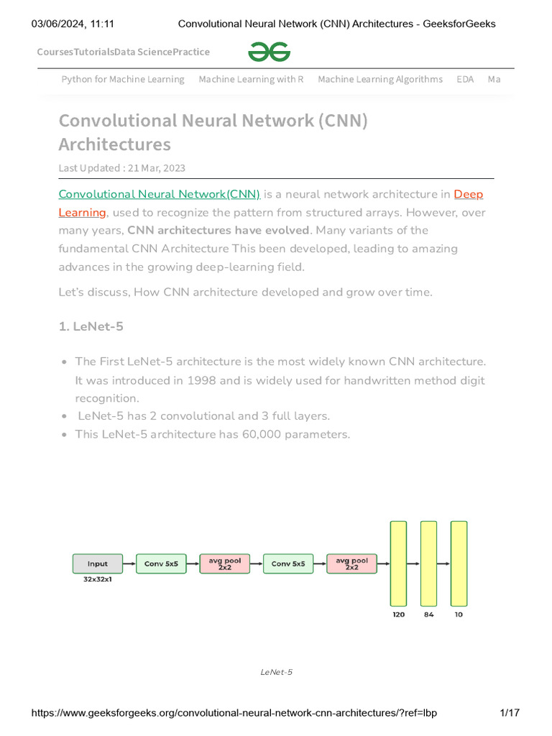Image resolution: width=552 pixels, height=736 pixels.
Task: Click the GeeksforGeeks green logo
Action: (270, 52)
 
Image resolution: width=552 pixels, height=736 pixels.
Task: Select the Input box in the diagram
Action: (98, 563)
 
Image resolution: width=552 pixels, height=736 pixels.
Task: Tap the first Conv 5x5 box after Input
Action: (161, 563)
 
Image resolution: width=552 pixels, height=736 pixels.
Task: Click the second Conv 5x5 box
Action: (288, 563)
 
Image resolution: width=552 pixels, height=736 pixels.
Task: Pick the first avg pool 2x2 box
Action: (225, 563)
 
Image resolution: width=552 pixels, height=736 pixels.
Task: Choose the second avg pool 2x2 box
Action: (351, 563)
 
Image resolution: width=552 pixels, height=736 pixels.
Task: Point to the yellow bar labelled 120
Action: (398, 563)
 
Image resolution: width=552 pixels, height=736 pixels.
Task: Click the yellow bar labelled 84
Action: (428, 563)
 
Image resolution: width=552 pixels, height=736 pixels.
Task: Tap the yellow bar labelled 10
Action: (459, 563)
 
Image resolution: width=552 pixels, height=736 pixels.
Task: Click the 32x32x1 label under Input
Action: (98, 579)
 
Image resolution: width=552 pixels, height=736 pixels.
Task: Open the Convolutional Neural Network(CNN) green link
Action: (159, 194)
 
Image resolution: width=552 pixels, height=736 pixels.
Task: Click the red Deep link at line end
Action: (469, 194)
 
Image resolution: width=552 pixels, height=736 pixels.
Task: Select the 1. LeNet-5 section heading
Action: (91, 326)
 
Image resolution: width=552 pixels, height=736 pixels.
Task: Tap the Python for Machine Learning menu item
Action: (123, 79)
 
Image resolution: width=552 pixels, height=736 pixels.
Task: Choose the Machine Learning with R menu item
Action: (251, 79)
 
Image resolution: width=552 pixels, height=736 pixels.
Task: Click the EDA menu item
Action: (465, 79)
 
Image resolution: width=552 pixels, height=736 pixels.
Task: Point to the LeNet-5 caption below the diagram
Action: (276, 672)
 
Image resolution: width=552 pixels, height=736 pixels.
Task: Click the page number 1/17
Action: (509, 713)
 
